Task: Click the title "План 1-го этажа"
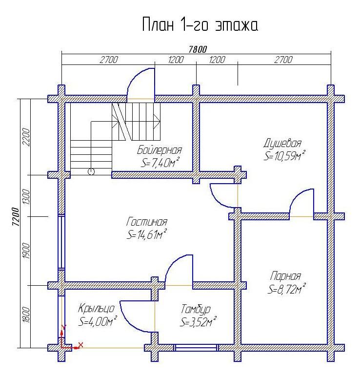pyautogui.click(x=200, y=24)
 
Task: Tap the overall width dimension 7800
pyautogui.click(x=198, y=49)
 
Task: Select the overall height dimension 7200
pyautogui.click(x=15, y=216)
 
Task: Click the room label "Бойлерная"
pyautogui.click(x=159, y=150)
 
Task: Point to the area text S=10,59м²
pyautogui.click(x=284, y=156)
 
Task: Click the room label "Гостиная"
pyautogui.click(x=147, y=222)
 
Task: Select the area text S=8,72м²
pyautogui.click(x=286, y=289)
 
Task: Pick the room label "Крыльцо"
pyautogui.click(x=96, y=308)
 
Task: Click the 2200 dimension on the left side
pyautogui.click(x=26, y=137)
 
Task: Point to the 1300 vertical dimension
pyautogui.click(x=26, y=197)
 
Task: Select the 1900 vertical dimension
pyautogui.click(x=26, y=251)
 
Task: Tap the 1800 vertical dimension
pyautogui.click(x=26, y=315)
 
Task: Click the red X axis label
pyautogui.click(x=80, y=345)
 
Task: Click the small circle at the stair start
pyautogui.click(x=91, y=171)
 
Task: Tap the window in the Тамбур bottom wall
pyautogui.click(x=196, y=348)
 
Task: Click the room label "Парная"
pyautogui.click(x=285, y=276)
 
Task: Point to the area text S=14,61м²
pyautogui.click(x=147, y=234)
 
